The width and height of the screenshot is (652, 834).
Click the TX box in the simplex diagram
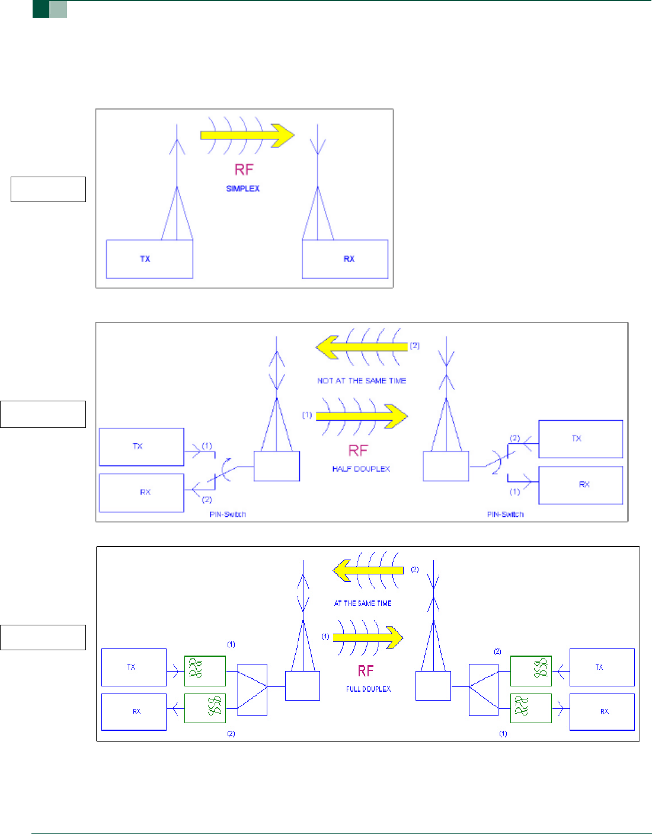pyautogui.click(x=149, y=259)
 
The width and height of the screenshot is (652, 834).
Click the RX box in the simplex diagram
pyautogui.click(x=345, y=259)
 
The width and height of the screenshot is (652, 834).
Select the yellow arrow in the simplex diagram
pyautogui.click(x=248, y=135)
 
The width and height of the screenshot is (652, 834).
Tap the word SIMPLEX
pyautogui.click(x=243, y=188)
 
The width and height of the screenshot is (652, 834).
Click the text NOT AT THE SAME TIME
pyautogui.click(x=362, y=381)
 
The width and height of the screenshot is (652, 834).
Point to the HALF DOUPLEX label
pyautogui.click(x=361, y=469)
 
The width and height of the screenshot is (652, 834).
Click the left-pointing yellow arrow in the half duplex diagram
pyautogui.click(x=362, y=346)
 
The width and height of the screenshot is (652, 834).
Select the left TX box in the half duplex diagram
pyautogui.click(x=142, y=446)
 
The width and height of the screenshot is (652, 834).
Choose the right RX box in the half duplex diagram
pyautogui.click(x=581, y=485)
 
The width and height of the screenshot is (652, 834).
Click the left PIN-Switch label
pyautogui.click(x=228, y=514)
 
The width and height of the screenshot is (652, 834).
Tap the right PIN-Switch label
pyautogui.click(x=505, y=514)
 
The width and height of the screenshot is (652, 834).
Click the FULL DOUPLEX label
pyautogui.click(x=368, y=689)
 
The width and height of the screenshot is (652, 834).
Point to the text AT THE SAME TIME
pyautogui.click(x=363, y=603)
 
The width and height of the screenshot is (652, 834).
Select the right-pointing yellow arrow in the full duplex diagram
pyautogui.click(x=367, y=637)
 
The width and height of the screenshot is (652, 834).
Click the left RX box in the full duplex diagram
pyautogui.click(x=134, y=711)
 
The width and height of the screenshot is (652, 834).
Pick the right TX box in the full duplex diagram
pyautogui.click(x=602, y=667)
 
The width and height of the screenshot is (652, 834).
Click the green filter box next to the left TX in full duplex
pyautogui.click(x=205, y=670)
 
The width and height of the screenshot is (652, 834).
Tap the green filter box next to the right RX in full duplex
pyautogui.click(x=530, y=708)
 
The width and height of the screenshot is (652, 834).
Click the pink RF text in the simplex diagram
pyautogui.click(x=244, y=170)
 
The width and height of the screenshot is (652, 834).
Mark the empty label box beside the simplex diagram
pyautogui.click(x=48, y=189)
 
